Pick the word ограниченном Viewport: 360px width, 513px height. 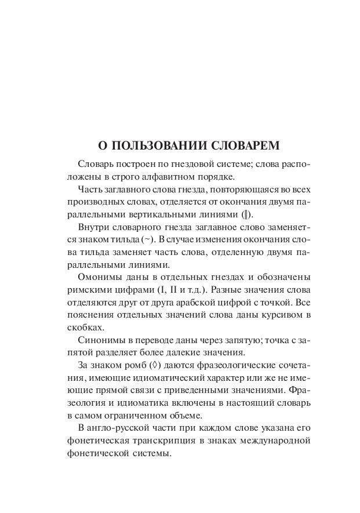click(x=140, y=416)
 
